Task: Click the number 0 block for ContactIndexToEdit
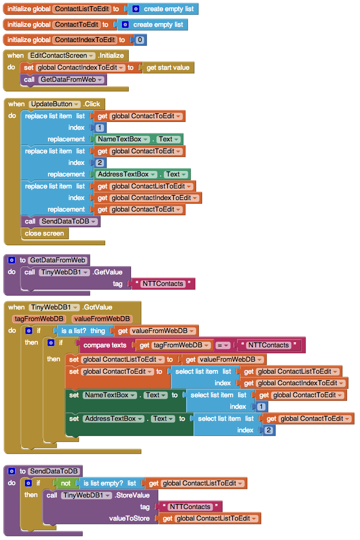click(140, 40)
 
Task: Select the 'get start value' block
click(168, 68)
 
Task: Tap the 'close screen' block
click(44, 233)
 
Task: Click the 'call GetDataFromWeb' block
click(64, 79)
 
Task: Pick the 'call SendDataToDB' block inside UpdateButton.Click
click(60, 221)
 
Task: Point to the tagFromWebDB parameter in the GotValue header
click(39, 319)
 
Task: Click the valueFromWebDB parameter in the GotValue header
click(102, 319)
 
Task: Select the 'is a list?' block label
click(74, 331)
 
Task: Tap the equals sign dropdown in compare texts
click(222, 345)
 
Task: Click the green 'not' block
click(66, 484)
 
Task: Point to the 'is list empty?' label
click(103, 484)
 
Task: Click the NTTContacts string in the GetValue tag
click(163, 284)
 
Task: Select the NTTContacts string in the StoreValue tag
click(190, 507)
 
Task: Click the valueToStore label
click(129, 519)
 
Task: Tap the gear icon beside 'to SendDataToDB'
click(12, 471)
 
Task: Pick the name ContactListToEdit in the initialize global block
click(82, 9)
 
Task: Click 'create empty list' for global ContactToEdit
click(158, 25)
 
